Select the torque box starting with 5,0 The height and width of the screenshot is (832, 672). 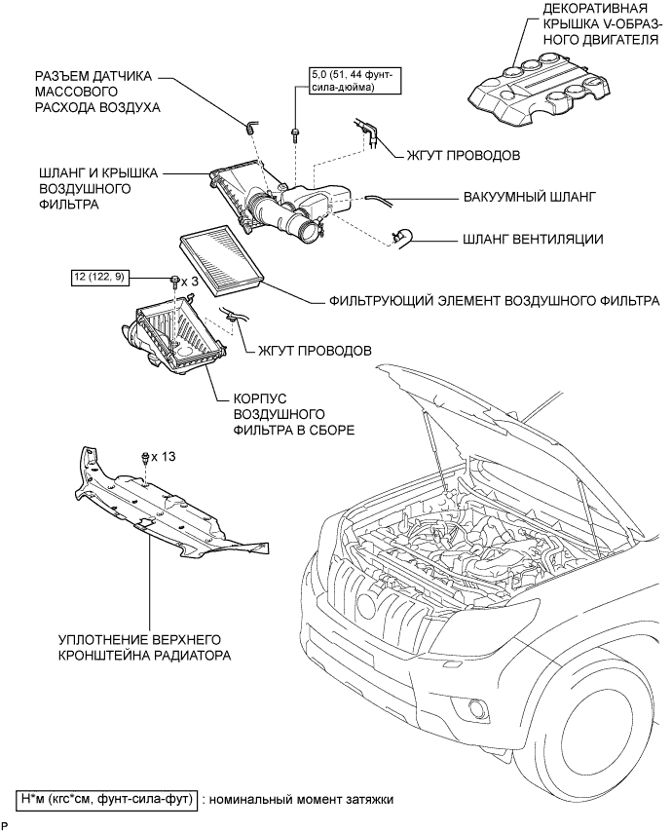pos(340,81)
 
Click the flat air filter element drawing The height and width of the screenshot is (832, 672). pos(218,256)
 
